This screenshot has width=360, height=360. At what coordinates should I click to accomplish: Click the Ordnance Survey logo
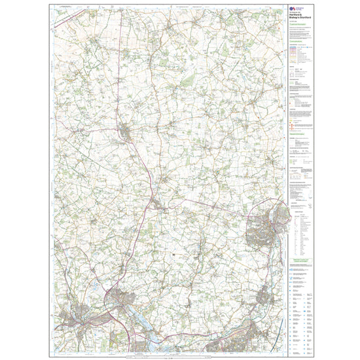pyautogui.click(x=293, y=8)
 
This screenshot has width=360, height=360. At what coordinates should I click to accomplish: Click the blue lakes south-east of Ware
pyautogui.click(x=147, y=331)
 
